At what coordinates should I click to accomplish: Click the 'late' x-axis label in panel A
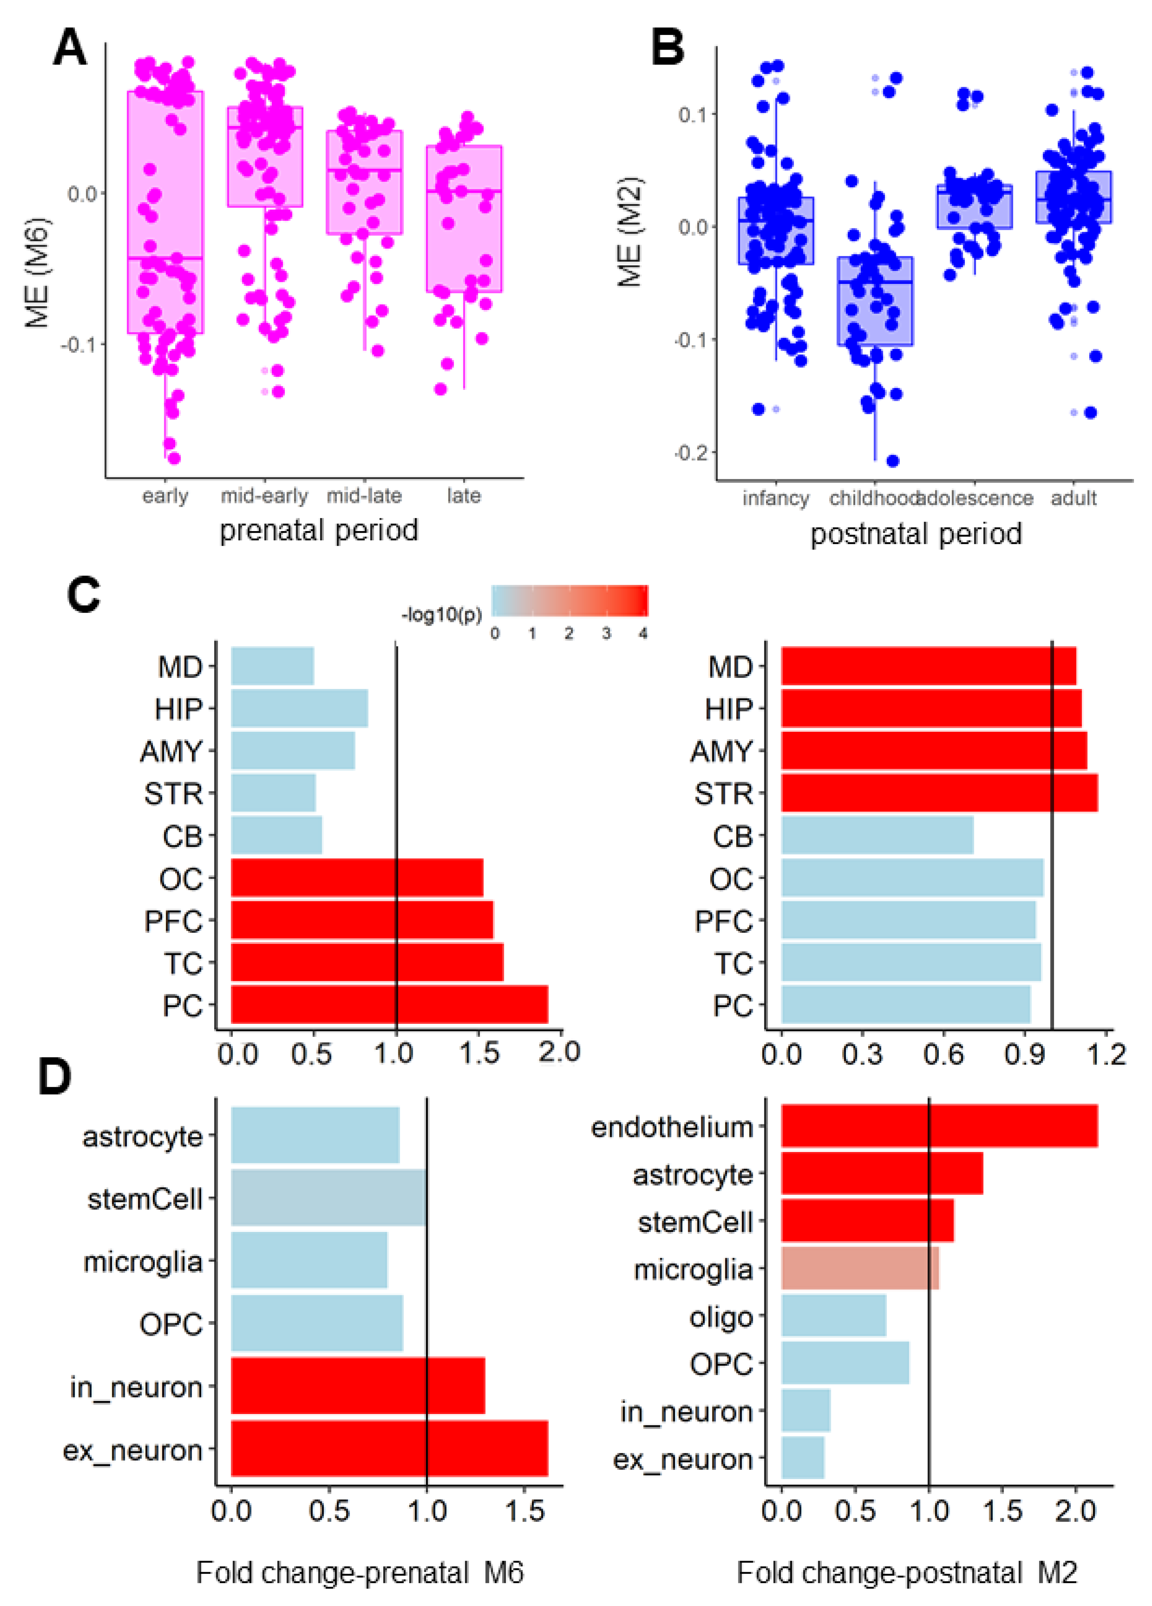pyautogui.click(x=464, y=496)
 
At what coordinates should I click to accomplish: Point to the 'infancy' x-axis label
pyautogui.click(x=775, y=499)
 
